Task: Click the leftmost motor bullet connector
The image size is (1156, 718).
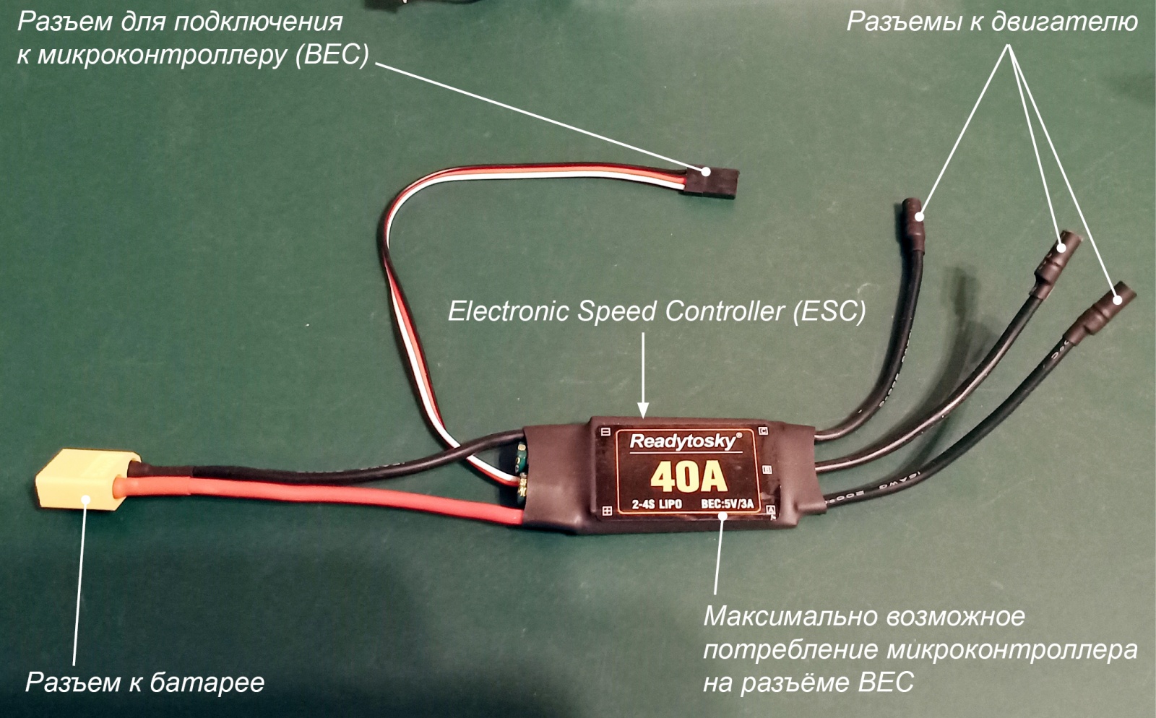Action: (x=913, y=223)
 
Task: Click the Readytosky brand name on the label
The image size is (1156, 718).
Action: (x=684, y=441)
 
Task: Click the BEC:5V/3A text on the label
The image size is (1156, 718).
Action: (x=726, y=504)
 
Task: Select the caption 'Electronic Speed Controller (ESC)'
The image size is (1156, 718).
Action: (x=656, y=311)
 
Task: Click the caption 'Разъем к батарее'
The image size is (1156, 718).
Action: (x=144, y=682)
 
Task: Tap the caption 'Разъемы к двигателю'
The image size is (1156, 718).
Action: (x=991, y=22)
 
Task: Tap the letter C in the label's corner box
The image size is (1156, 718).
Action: (x=764, y=432)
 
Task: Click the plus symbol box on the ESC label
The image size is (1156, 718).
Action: (x=606, y=511)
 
